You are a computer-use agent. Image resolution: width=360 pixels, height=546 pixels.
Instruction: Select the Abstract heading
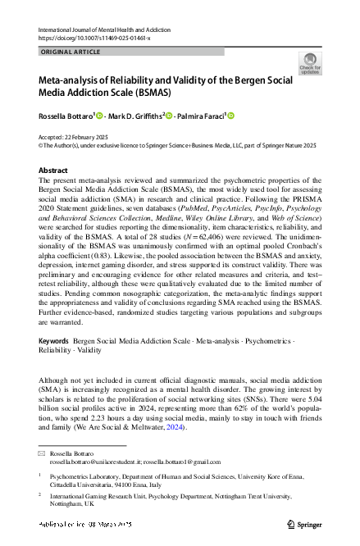pos(52,171)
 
